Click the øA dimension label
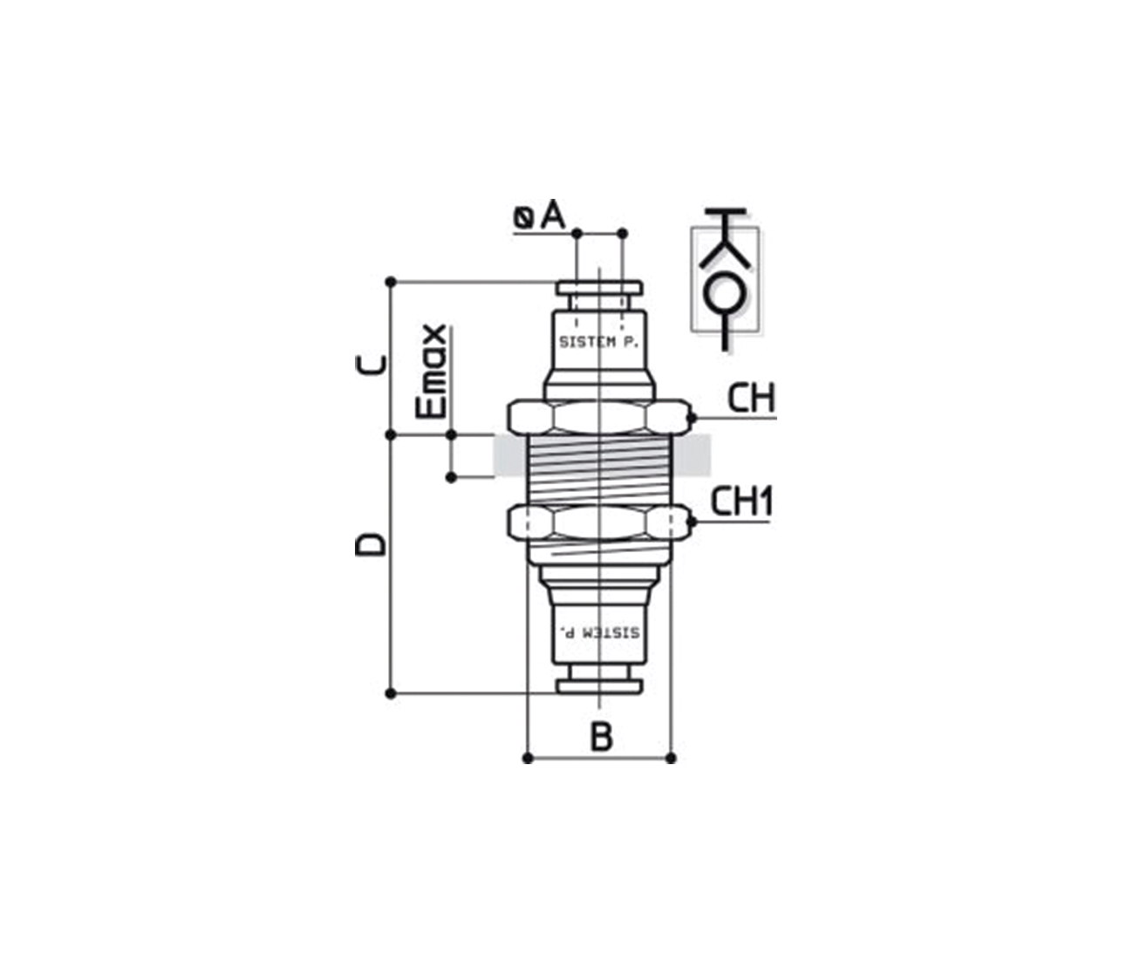point(539,215)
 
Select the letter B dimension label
point(601,737)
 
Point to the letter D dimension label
point(371,545)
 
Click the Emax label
point(432,372)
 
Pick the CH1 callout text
point(741,502)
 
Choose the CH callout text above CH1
point(752,398)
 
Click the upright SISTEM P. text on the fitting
point(598,342)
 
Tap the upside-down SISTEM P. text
point(599,632)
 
